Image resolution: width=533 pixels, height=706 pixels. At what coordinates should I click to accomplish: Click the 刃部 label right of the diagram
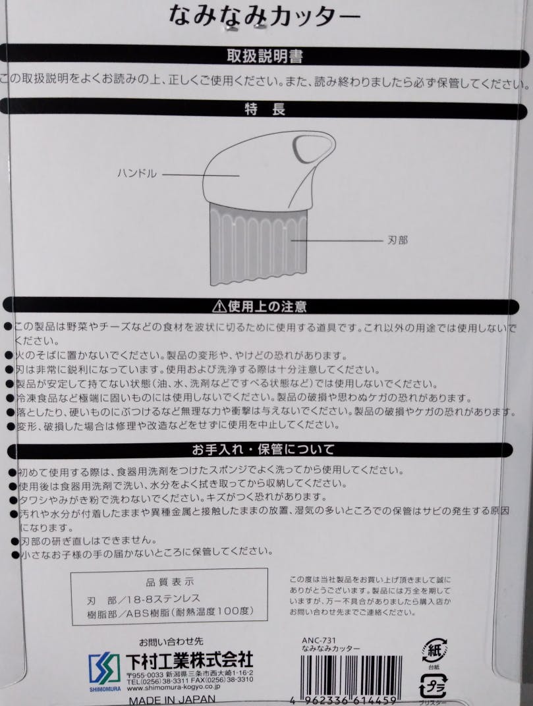point(397,240)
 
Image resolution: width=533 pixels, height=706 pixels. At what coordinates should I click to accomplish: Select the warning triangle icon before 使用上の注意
point(219,306)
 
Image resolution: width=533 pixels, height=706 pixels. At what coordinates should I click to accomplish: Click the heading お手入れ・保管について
point(264,450)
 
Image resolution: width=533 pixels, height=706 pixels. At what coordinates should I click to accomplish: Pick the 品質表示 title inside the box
point(169,582)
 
